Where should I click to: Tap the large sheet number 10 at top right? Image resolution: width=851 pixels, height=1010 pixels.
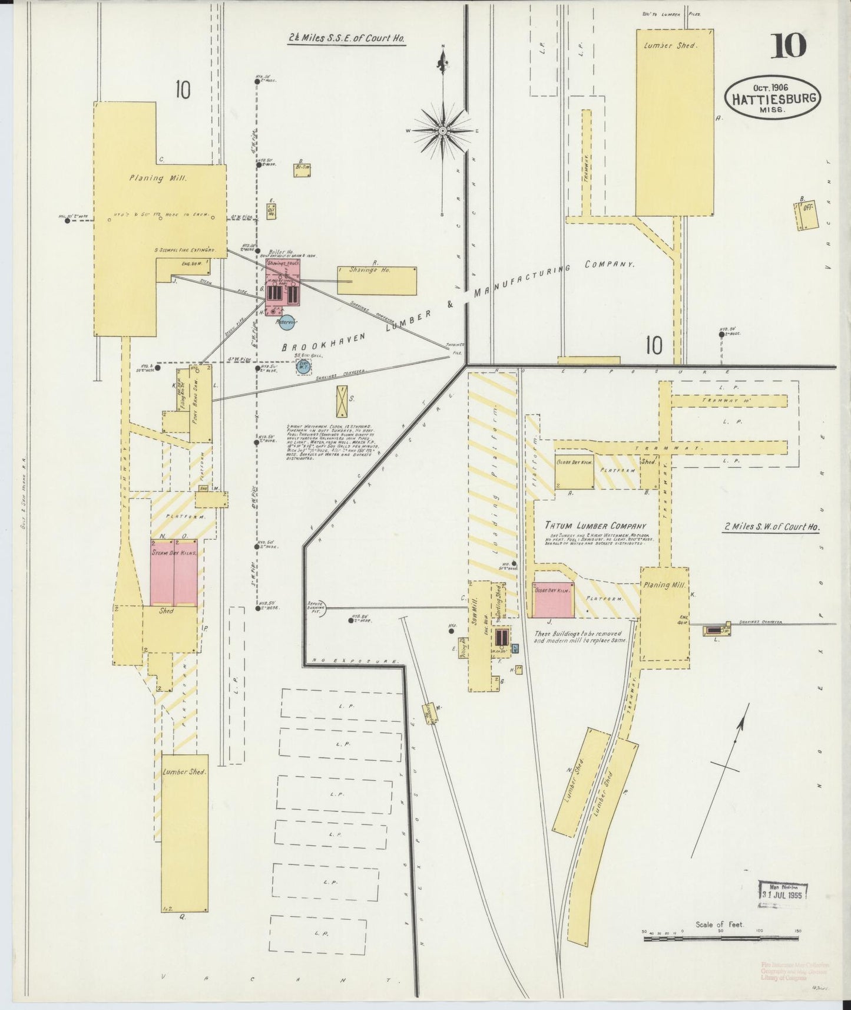coord(788,47)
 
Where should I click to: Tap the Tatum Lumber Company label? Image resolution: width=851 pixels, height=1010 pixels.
coord(595,526)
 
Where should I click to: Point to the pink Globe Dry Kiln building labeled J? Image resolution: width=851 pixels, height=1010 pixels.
coord(553,600)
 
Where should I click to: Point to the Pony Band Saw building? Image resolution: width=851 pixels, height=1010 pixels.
coord(201,403)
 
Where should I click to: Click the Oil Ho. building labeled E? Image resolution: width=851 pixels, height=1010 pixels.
coord(271,212)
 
